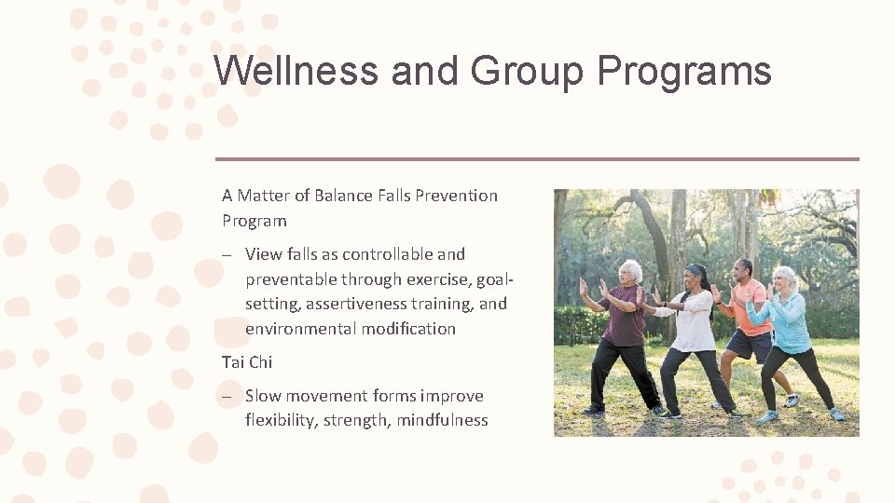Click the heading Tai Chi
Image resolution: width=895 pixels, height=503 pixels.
click(246, 362)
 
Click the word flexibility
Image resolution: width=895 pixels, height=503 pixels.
click(281, 420)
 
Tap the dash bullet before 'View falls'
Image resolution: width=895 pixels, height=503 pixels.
click(227, 254)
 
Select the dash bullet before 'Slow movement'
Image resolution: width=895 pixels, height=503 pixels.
click(227, 396)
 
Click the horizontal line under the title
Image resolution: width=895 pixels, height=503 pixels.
click(537, 159)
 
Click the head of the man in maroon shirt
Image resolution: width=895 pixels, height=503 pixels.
click(631, 273)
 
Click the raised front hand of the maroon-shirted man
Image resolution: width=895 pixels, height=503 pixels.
click(584, 287)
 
